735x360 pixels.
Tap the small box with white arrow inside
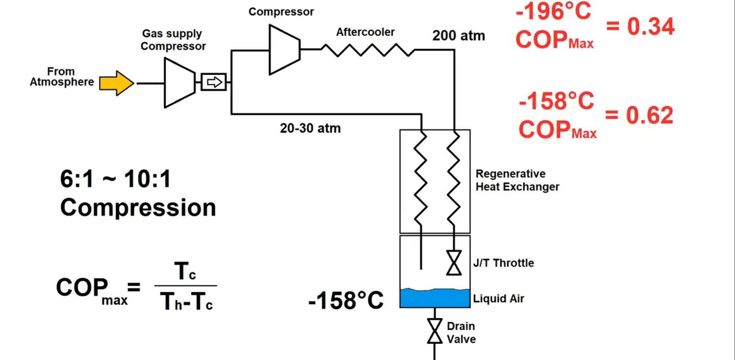[x=214, y=82]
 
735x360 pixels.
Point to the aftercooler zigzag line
[x=367, y=50]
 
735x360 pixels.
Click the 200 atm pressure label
[x=458, y=36]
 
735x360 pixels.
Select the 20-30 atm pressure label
[x=310, y=128]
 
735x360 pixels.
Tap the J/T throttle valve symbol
[x=454, y=263]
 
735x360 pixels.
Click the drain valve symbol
[x=434, y=331]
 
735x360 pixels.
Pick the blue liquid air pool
[x=435, y=298]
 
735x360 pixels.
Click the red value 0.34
[x=650, y=27]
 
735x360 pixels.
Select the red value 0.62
[x=649, y=115]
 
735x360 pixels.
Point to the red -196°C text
[x=553, y=12]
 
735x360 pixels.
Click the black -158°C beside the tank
[x=346, y=300]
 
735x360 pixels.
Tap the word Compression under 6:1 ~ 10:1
[x=138, y=208]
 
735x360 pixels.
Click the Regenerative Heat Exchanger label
[x=517, y=180]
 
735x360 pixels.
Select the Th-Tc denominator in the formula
[x=186, y=302]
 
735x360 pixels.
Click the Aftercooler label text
[x=365, y=32]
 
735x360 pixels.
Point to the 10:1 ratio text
[x=147, y=179]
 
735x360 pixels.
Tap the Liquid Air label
[x=498, y=298]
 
